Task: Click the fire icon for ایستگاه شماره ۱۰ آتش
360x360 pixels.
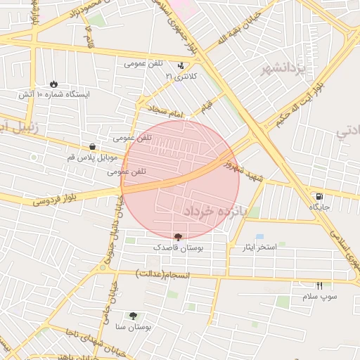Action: (54, 82)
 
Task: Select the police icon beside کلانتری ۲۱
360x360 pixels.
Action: (181, 65)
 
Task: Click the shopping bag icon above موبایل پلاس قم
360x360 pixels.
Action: (92, 147)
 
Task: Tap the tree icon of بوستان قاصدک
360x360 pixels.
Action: (176, 237)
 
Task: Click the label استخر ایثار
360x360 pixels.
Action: (257, 247)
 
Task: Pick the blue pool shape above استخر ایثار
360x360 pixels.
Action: (259, 237)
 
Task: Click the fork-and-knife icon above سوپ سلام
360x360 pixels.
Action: (320, 285)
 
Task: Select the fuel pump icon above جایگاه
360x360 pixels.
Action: (319, 196)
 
